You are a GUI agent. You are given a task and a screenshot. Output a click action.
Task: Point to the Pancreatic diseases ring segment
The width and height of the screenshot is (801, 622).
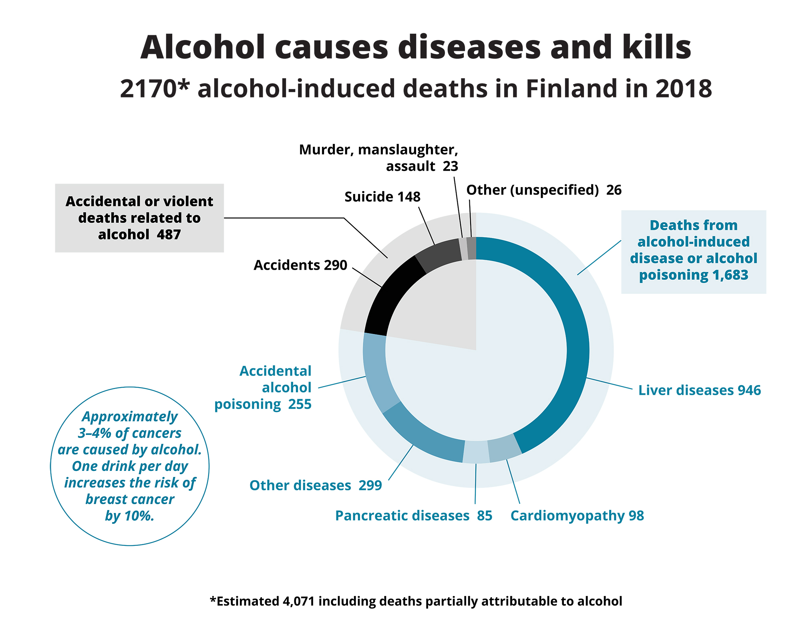(x=476, y=452)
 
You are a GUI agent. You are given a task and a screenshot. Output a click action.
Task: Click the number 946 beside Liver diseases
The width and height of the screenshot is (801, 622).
(x=749, y=390)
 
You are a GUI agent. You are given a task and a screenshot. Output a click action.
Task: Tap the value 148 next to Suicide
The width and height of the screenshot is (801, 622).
(x=409, y=197)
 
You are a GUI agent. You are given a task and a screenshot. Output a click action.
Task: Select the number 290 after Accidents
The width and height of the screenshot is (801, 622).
(x=335, y=265)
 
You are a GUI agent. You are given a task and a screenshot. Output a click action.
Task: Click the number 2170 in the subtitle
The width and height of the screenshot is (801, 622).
(x=148, y=89)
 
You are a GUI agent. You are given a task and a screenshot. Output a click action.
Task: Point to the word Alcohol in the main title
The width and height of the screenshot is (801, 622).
(x=202, y=47)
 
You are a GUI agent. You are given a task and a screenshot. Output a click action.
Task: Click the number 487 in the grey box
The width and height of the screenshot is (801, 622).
(x=169, y=234)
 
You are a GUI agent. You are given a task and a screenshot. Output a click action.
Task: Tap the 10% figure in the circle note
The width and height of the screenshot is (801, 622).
(x=139, y=516)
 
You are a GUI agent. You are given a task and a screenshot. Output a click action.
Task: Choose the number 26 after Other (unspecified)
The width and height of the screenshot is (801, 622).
(x=614, y=190)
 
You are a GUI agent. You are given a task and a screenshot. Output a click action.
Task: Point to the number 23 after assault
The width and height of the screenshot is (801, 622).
(x=450, y=166)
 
